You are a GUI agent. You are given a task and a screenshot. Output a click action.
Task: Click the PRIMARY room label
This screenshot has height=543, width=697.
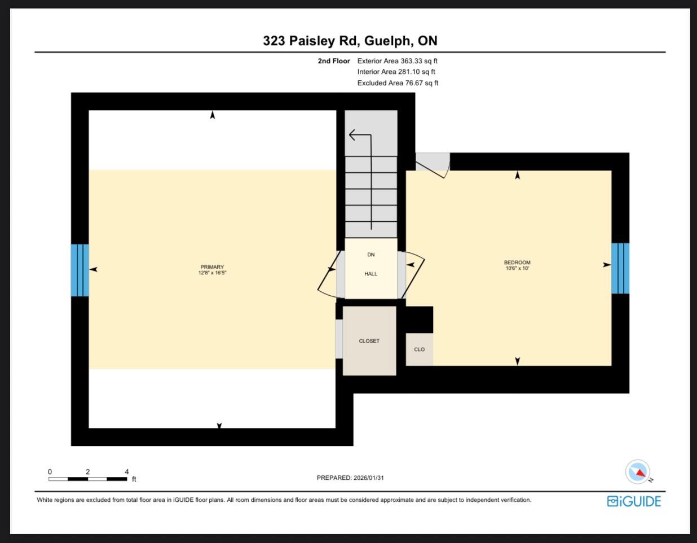[212, 266]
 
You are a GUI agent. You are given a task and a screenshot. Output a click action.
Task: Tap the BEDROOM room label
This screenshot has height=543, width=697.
[517, 262]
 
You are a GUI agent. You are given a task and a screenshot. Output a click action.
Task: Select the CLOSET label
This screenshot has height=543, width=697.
[369, 341]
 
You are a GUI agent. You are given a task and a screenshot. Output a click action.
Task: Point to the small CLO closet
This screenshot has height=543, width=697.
[419, 349]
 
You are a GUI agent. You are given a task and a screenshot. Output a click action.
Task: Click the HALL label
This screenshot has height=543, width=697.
[371, 274]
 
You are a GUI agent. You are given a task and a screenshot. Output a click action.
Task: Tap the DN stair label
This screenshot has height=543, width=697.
[371, 255]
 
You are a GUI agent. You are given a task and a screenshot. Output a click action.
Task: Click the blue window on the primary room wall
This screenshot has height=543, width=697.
[80, 270]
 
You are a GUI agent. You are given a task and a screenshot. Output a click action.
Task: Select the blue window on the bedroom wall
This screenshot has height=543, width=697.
[620, 268]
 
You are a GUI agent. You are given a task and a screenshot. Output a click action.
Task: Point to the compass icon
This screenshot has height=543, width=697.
[638, 471]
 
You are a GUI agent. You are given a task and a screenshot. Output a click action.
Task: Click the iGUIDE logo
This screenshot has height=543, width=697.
[634, 501]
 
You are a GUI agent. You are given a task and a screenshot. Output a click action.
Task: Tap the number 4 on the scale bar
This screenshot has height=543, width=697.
[127, 471]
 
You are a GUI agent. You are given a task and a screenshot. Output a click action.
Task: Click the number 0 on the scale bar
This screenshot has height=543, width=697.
[50, 471]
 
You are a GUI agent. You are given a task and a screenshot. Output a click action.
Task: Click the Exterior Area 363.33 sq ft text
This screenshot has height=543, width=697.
[397, 61]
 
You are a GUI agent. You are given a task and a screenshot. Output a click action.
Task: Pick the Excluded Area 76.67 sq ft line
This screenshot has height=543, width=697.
[398, 83]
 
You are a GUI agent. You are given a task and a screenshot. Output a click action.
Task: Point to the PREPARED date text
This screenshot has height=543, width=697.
[350, 478]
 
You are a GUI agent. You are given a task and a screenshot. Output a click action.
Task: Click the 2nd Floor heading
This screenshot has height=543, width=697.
[334, 61]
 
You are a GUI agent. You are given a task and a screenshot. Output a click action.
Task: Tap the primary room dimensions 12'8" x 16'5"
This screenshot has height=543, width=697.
[212, 273]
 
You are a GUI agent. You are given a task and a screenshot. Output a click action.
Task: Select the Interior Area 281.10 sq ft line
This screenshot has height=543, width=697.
[396, 72]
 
